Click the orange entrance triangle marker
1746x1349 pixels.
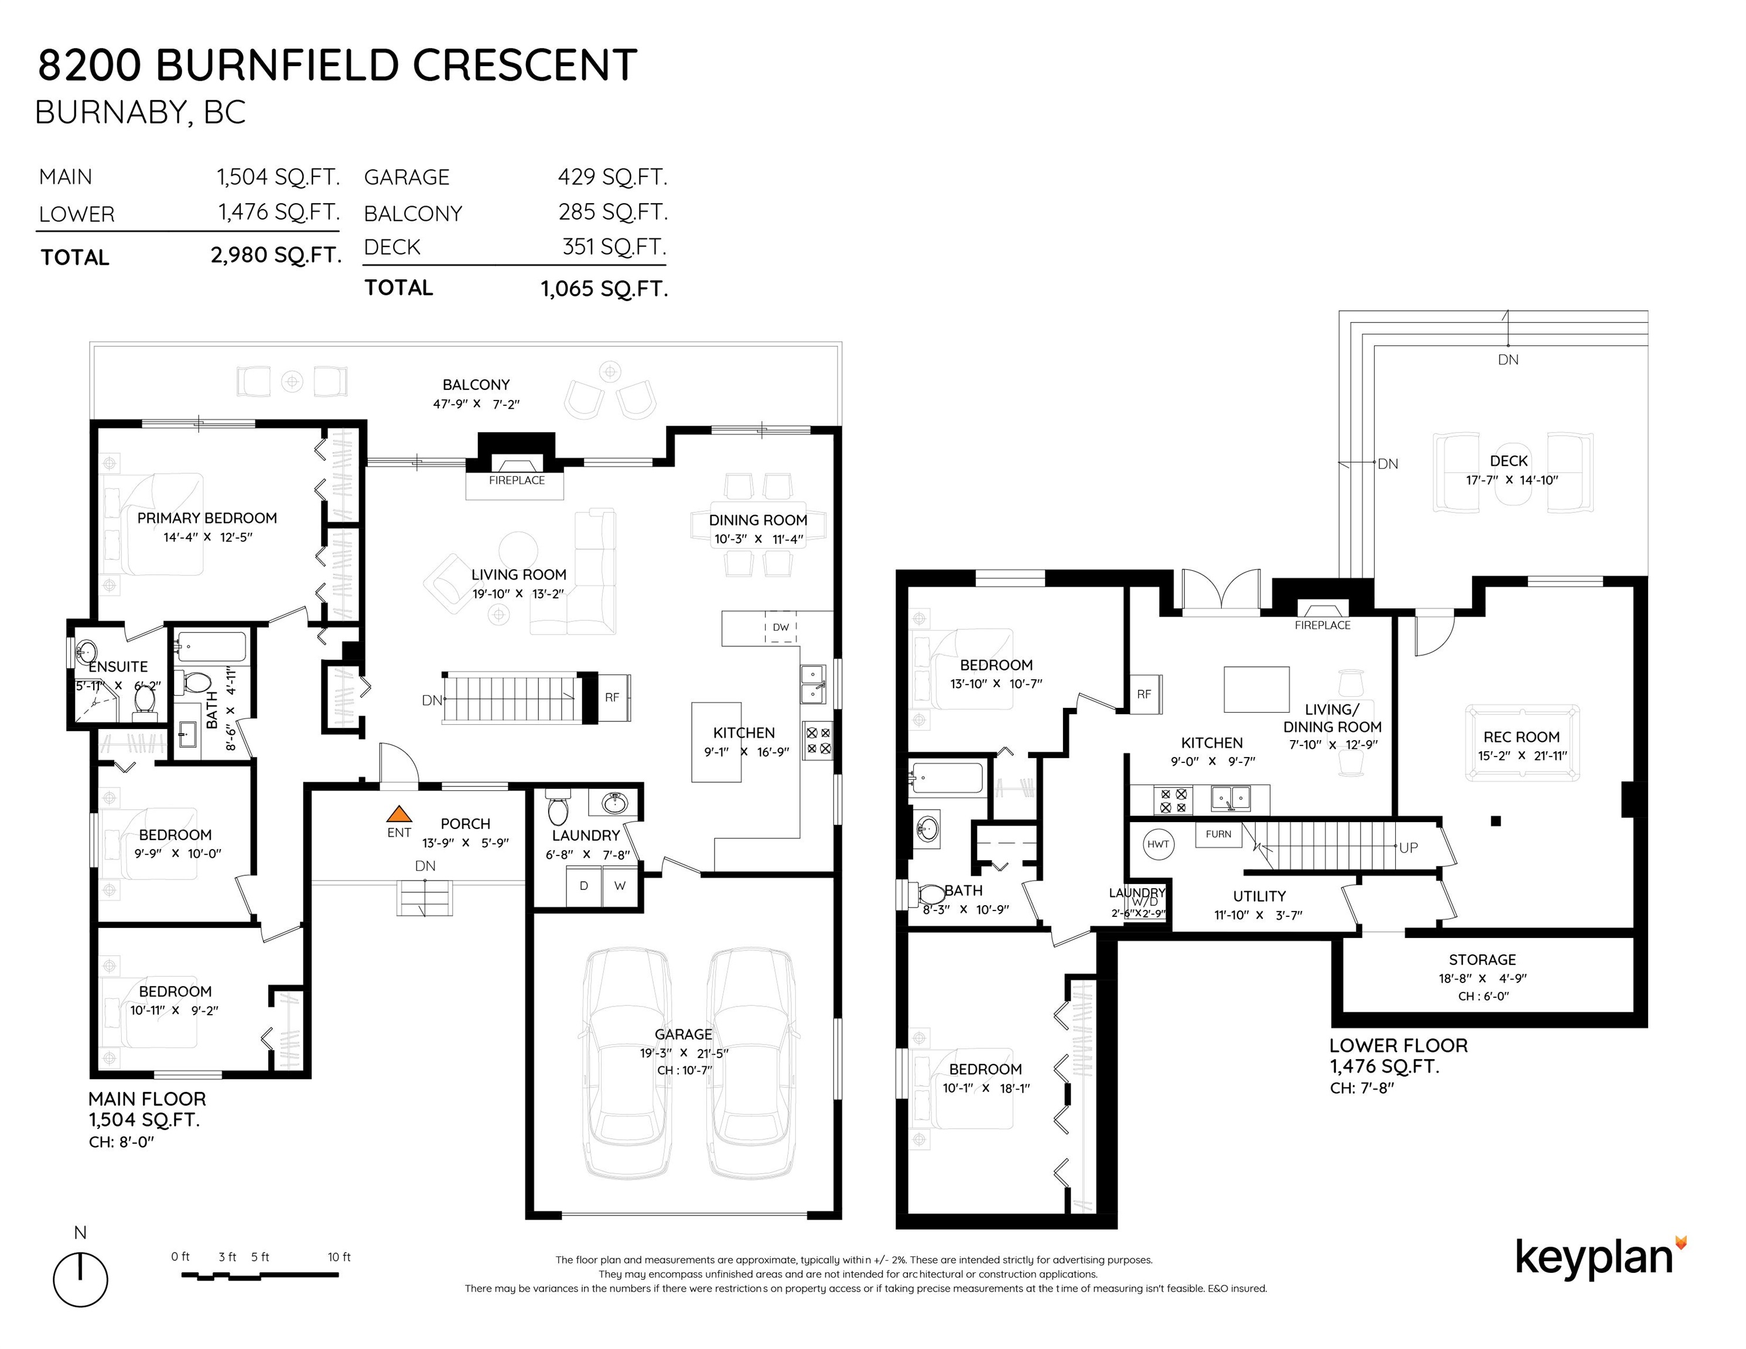(399, 814)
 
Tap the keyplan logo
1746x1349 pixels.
(1601, 1257)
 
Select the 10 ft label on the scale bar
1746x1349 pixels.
(339, 1256)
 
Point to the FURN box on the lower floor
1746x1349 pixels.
(1218, 834)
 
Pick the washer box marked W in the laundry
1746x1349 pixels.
(620, 885)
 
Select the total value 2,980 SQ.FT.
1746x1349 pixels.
(276, 255)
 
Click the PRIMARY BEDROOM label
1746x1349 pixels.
(207, 518)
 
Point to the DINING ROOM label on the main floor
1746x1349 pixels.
(758, 521)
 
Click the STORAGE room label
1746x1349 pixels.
(1482, 960)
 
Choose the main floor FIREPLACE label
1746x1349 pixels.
(517, 480)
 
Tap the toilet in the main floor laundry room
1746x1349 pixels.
(557, 808)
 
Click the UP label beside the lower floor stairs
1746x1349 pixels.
(1409, 847)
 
